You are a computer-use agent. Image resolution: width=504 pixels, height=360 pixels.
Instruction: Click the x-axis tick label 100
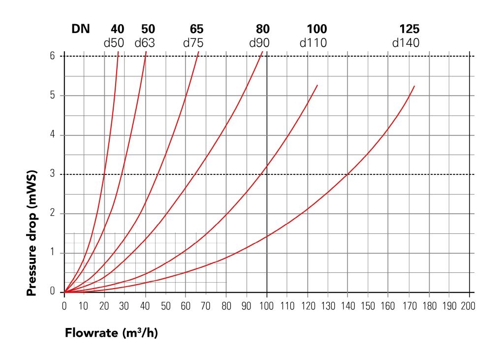[x=266, y=306]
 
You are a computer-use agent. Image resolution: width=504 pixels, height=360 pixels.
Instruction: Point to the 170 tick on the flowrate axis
[x=408, y=306]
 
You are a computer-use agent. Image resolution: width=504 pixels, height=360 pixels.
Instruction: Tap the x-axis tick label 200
[x=469, y=306]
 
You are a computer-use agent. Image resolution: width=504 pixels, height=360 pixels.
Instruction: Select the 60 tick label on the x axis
[x=186, y=306]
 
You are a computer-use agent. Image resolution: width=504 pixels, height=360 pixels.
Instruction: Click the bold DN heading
[x=81, y=29]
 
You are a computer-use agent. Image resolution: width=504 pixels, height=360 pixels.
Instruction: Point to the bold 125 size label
[x=409, y=29]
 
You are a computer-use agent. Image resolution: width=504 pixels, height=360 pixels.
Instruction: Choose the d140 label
[x=406, y=43]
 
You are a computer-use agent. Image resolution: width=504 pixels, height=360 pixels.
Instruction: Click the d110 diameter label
[x=313, y=43]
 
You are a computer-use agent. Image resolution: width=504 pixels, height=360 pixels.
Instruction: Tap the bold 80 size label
[x=263, y=29]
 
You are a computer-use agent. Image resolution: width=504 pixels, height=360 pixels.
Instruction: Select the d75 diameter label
[x=193, y=43]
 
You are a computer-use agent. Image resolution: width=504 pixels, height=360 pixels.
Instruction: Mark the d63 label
[x=145, y=43]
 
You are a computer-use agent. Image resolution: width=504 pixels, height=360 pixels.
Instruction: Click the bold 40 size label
[x=118, y=29]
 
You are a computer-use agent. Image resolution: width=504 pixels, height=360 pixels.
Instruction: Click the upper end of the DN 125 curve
[x=414, y=86]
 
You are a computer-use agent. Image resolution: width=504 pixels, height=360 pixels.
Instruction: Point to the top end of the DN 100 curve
[x=317, y=85]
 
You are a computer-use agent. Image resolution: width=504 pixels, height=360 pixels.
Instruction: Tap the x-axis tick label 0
[x=64, y=306]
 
